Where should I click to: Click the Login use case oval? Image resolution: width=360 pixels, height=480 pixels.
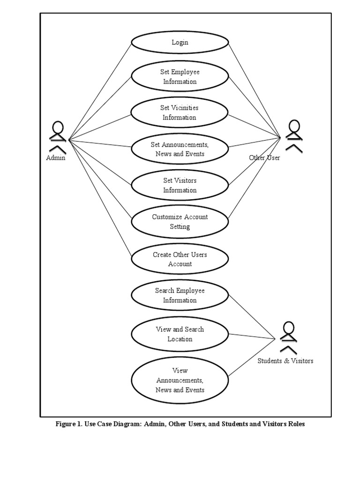click(x=180, y=43)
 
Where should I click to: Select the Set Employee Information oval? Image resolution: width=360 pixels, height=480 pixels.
click(x=180, y=77)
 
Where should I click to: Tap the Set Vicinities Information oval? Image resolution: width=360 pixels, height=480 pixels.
click(x=180, y=113)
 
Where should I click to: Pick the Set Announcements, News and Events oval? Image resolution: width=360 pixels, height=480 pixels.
click(x=180, y=149)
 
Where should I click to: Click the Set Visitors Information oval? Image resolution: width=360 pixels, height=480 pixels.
click(x=180, y=185)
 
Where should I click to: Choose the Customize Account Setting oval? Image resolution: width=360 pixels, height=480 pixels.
click(x=180, y=222)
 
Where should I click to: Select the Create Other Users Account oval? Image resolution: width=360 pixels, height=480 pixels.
click(x=180, y=259)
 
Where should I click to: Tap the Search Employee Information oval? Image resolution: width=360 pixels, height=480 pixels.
click(x=180, y=296)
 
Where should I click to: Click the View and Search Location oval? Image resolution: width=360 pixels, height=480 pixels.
click(x=180, y=334)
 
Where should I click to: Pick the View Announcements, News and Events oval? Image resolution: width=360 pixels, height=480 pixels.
click(x=180, y=380)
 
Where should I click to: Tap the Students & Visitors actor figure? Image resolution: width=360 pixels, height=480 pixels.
click(x=288, y=337)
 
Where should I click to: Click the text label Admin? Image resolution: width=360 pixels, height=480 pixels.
click(x=56, y=158)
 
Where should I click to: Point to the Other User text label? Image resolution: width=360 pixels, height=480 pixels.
click(x=264, y=158)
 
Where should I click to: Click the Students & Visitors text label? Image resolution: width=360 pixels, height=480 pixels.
click(x=285, y=361)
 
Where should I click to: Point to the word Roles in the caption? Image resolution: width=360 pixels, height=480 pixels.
click(x=295, y=424)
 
